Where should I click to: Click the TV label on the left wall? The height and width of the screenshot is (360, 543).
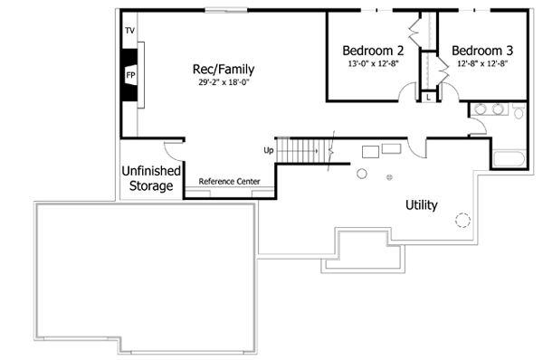130,32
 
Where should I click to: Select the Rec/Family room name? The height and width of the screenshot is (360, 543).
223,69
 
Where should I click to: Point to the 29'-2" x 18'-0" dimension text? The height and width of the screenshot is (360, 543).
223,82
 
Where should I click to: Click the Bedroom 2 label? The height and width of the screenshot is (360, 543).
371,51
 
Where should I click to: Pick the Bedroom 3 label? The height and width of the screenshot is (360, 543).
482,51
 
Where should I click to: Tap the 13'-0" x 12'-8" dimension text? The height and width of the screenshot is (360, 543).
371,64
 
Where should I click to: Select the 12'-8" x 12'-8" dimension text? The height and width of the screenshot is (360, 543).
482,64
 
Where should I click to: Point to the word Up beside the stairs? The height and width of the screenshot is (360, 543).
268,150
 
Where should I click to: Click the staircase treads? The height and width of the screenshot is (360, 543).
303,151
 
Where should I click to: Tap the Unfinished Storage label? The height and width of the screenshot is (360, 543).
150,178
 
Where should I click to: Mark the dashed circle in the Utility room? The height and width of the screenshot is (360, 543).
462,219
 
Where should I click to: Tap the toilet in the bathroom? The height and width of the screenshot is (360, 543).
518,110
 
